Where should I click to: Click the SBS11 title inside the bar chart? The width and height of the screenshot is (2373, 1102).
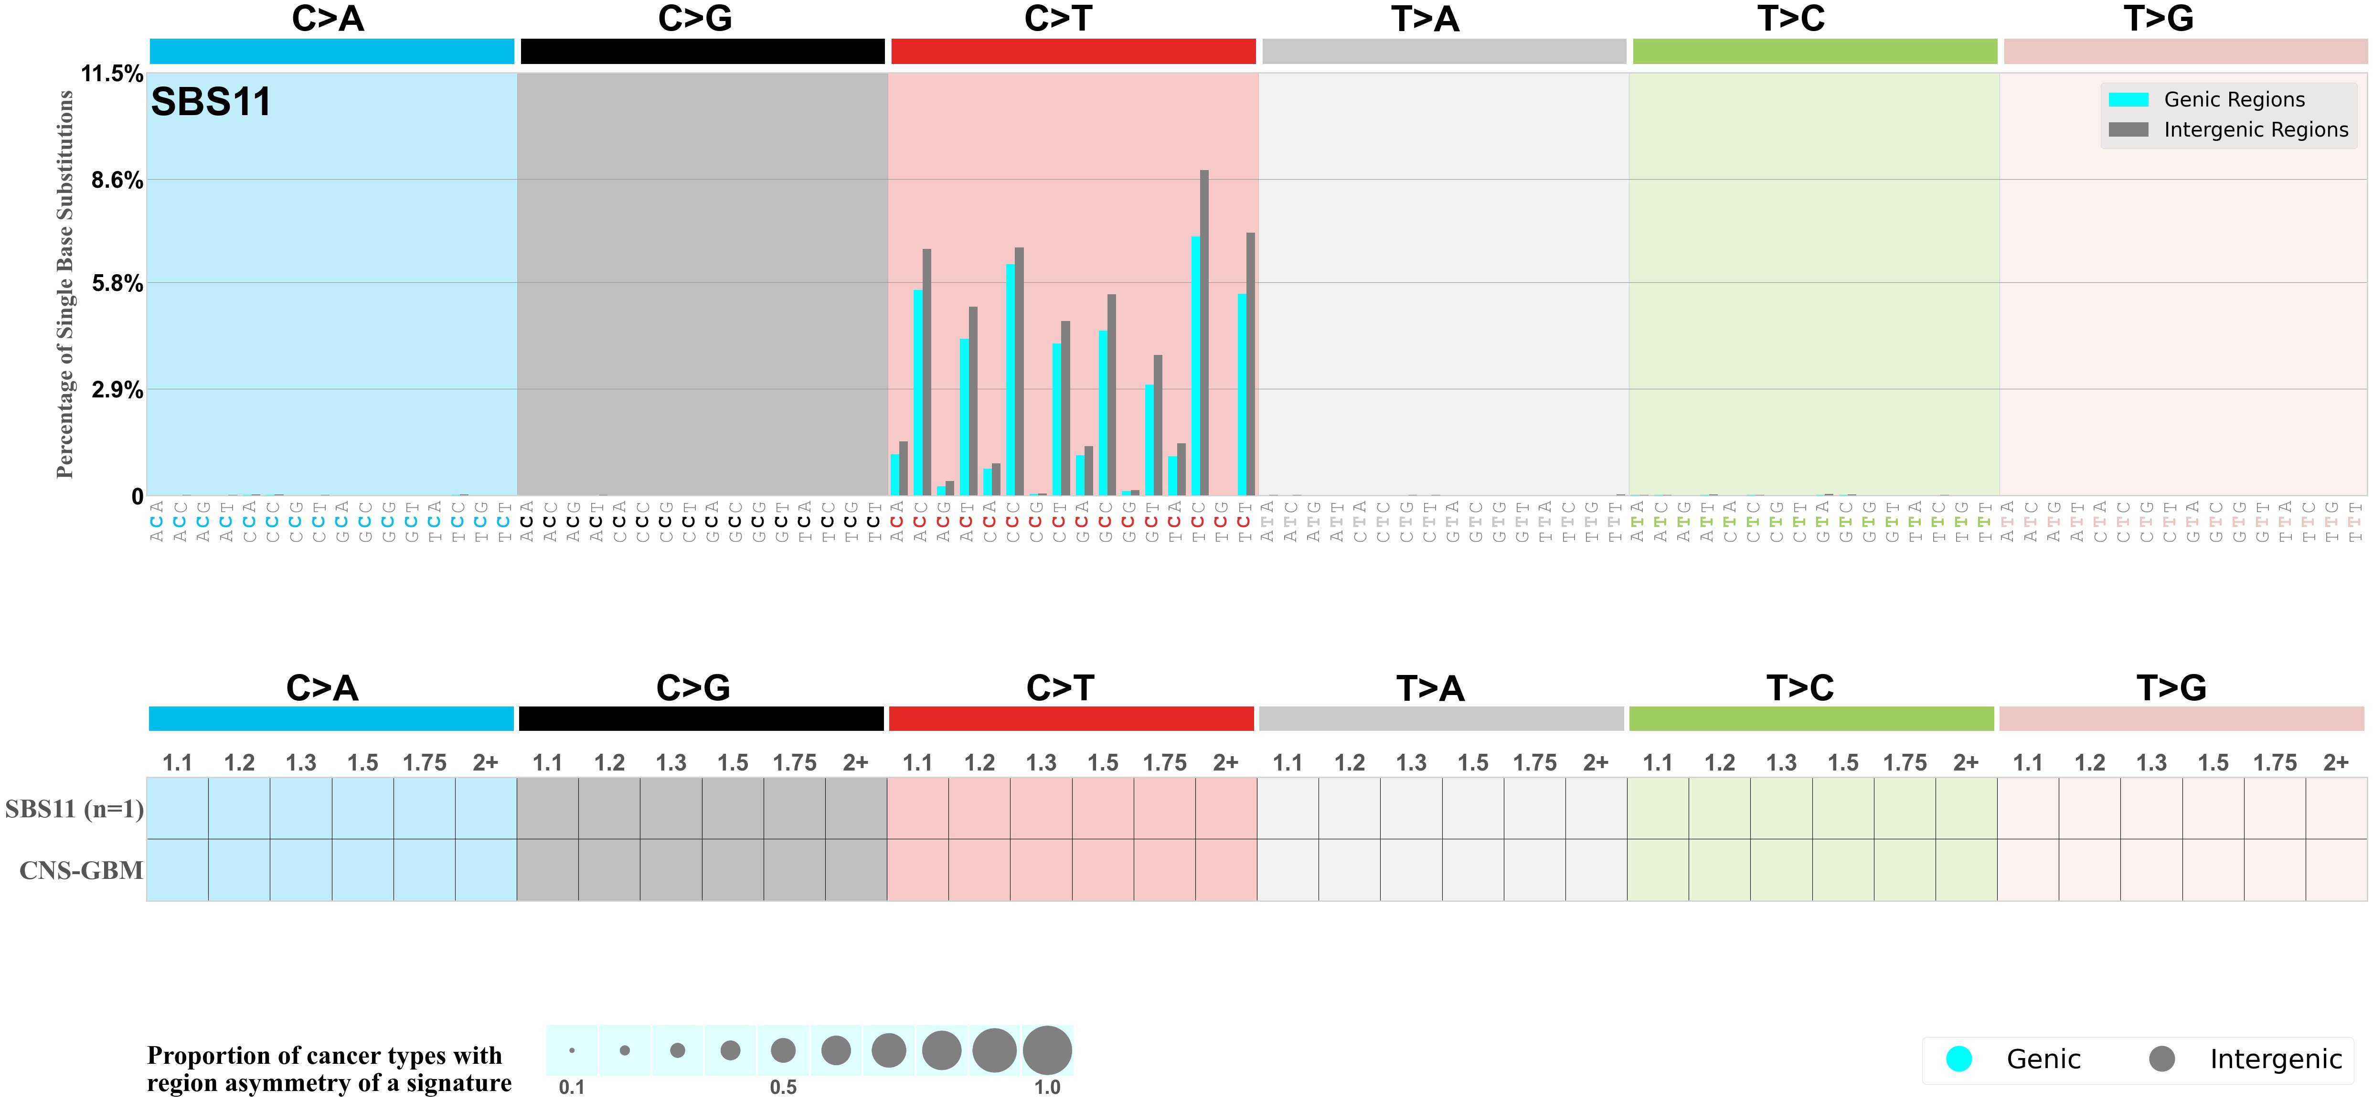(x=211, y=102)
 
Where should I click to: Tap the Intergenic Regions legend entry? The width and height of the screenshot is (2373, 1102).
(x=2255, y=130)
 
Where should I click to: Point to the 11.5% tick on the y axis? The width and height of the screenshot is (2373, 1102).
(x=111, y=74)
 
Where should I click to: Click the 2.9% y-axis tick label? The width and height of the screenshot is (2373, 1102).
(x=117, y=390)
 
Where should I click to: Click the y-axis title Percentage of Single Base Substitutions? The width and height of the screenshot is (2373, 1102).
(x=64, y=284)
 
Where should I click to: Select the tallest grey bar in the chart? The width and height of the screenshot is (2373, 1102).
(x=1204, y=332)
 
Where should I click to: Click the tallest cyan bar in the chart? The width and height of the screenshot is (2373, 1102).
(x=1195, y=366)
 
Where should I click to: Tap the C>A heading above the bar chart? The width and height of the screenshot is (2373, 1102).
(x=328, y=19)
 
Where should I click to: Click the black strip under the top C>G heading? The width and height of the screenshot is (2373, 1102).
(x=702, y=52)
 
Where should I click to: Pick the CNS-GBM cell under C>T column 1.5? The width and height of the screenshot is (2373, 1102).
(x=1103, y=870)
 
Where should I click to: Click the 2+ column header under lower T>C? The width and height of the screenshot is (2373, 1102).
(x=1966, y=763)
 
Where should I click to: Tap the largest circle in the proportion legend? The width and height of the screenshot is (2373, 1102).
(x=1047, y=1050)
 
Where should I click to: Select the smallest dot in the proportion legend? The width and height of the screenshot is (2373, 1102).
(x=572, y=1050)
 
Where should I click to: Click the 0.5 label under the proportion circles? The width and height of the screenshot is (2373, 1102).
(x=783, y=1087)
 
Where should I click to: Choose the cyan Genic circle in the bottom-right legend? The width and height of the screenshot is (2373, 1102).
(x=1959, y=1059)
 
